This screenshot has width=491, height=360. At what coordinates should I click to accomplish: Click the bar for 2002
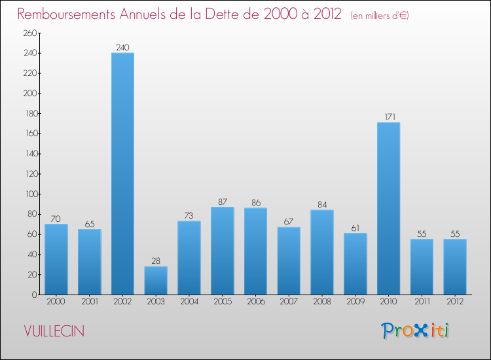pos(122,173)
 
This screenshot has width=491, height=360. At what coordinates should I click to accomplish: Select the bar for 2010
pos(388,208)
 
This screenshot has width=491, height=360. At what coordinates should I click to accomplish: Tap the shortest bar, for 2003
pos(156,280)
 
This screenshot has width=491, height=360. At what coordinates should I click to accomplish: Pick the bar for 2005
pos(222,251)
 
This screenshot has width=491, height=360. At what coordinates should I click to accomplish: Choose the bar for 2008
pos(322,252)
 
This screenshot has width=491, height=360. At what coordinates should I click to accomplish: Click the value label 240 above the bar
pos(122,47)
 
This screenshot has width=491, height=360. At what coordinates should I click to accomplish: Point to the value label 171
pos(388,117)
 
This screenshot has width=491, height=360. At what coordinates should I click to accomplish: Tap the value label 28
pos(156,261)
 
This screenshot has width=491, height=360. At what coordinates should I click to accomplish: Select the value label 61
pos(355,228)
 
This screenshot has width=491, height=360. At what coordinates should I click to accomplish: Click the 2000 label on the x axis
pos(56,302)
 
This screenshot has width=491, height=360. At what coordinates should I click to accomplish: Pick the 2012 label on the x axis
pos(455,302)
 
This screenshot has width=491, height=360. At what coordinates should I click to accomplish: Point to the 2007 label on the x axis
pos(289,302)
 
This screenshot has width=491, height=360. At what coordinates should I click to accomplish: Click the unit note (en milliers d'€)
pos(379,16)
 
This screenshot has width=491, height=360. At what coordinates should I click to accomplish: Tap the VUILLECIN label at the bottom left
pos(54,331)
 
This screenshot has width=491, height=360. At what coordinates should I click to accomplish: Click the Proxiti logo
pos(416,331)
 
